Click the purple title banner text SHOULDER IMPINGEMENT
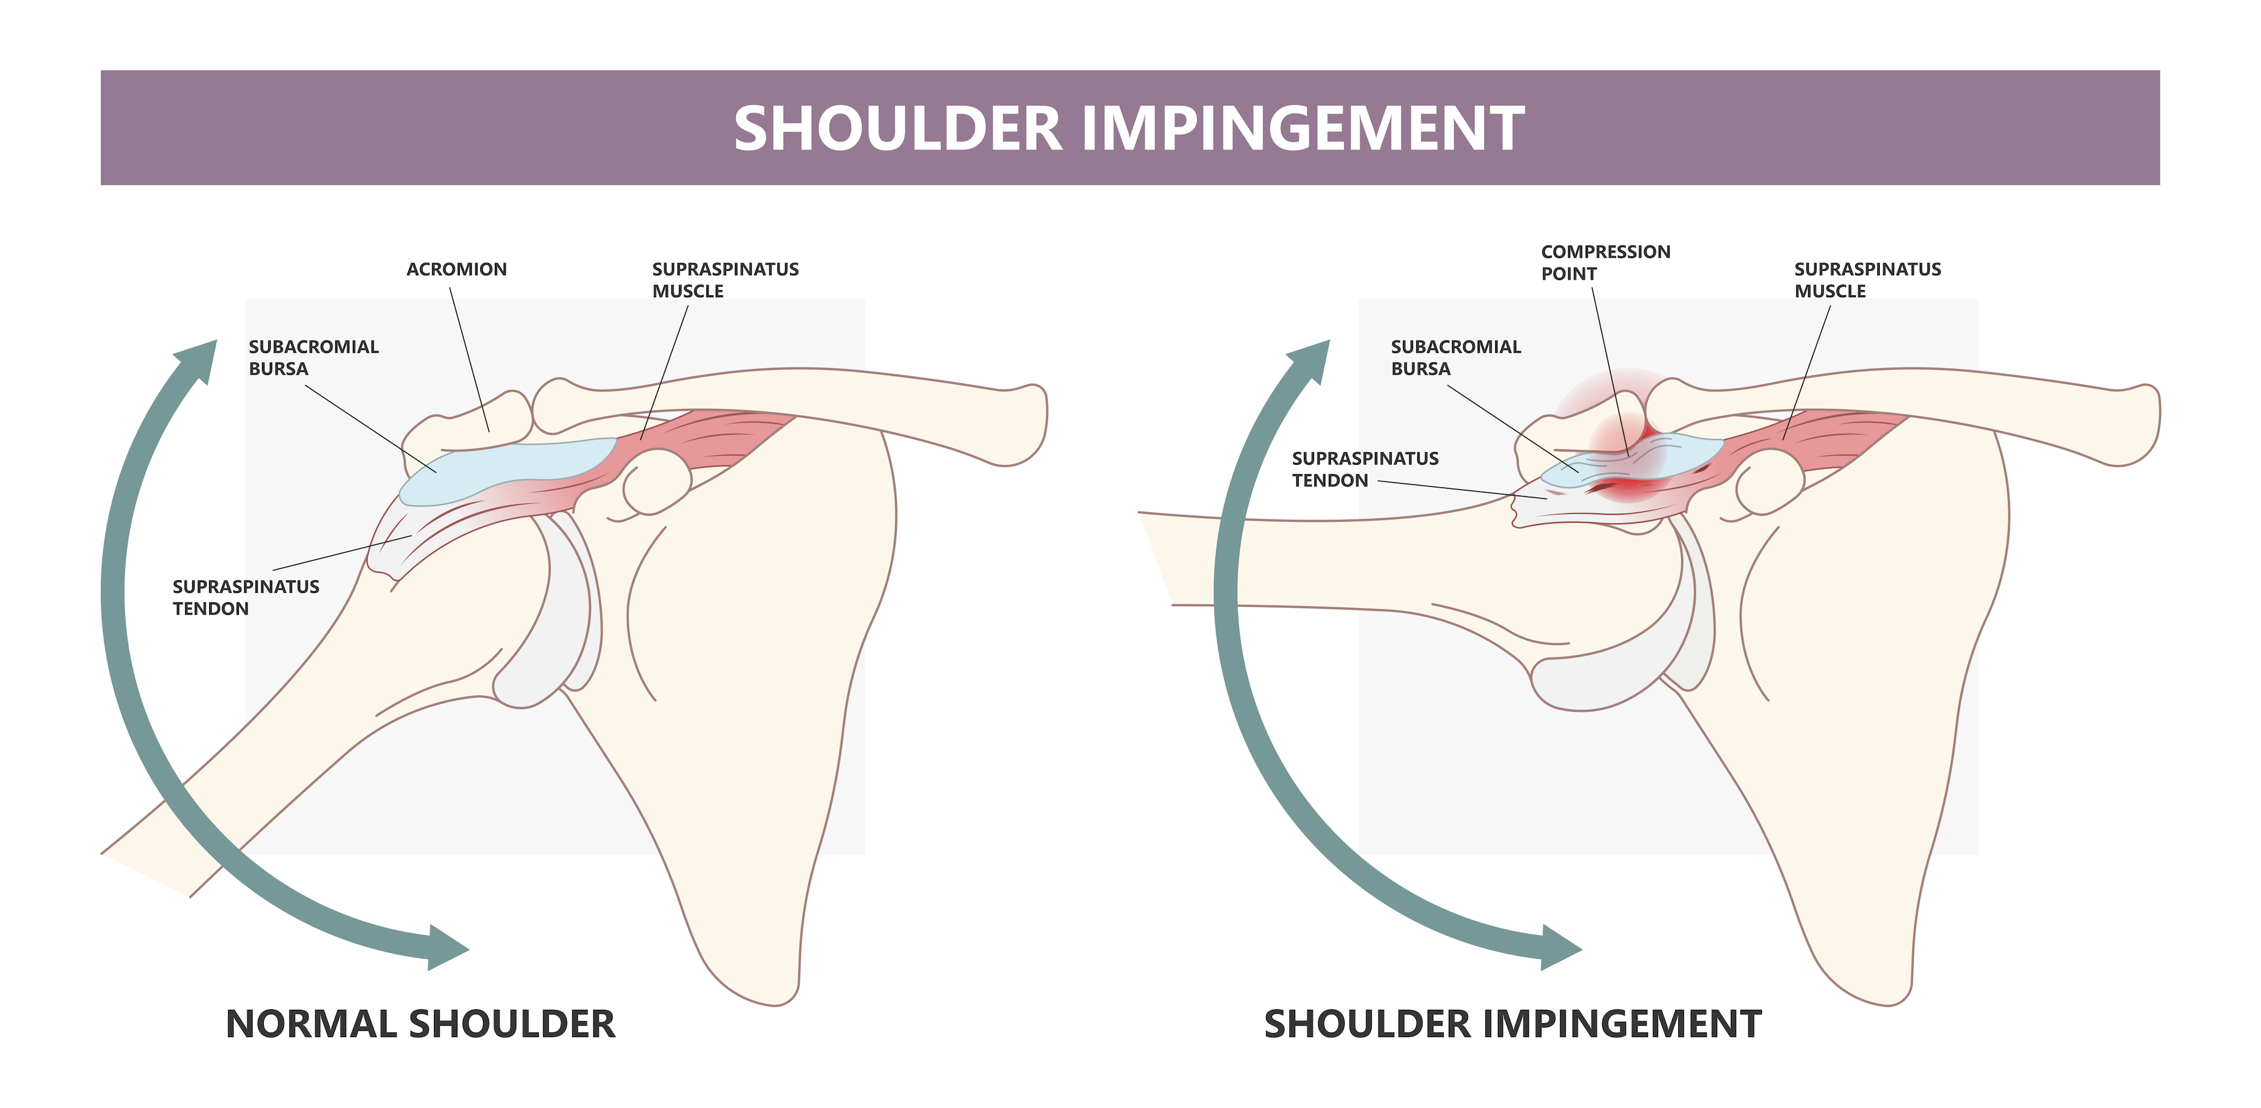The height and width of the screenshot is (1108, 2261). click(1130, 128)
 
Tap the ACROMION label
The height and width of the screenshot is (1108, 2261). click(457, 269)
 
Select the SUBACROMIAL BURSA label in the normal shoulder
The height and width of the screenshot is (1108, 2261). click(313, 357)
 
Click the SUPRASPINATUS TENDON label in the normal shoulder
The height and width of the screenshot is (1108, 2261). click(246, 597)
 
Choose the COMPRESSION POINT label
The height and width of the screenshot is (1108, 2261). click(1605, 263)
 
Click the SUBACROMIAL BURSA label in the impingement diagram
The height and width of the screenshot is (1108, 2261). click(1455, 357)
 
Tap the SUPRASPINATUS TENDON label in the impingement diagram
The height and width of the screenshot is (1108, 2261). click(1365, 469)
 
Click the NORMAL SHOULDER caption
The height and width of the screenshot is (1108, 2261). click(420, 1024)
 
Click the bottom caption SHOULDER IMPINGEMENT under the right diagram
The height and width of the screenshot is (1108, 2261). click(1512, 1024)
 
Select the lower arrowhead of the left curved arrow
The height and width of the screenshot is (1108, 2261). click(446, 948)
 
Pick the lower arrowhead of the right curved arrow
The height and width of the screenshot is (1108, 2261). click(1559, 948)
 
